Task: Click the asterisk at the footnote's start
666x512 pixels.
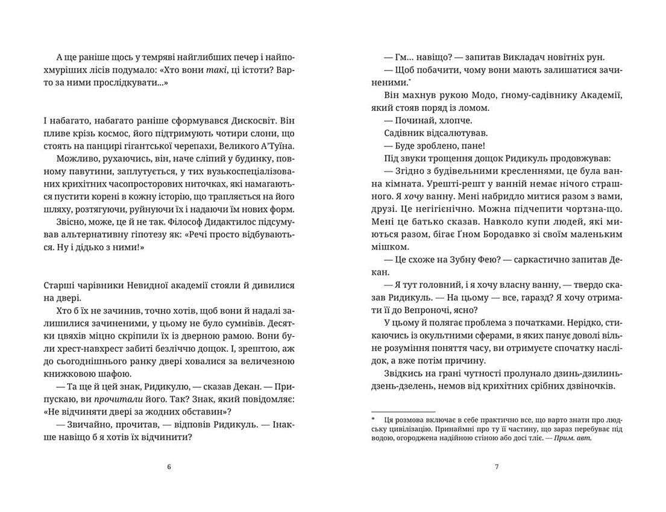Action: tap(373, 418)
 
